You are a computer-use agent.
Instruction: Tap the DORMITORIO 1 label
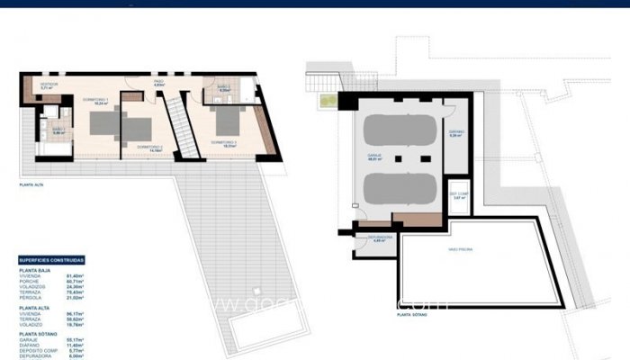[96, 100]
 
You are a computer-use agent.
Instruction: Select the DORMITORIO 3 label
[224, 142]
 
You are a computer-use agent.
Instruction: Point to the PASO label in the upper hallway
[158, 83]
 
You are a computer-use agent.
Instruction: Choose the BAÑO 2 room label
[223, 87]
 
